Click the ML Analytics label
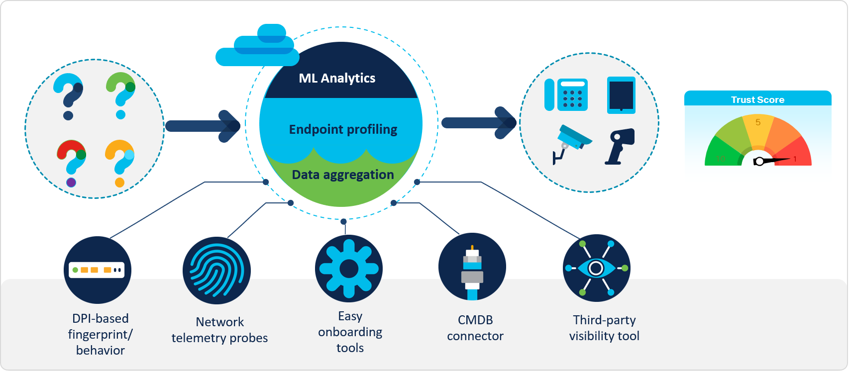(337, 78)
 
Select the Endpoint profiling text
(343, 129)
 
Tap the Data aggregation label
(343, 175)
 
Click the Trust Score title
(757, 99)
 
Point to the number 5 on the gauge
(758, 122)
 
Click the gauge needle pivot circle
(759, 161)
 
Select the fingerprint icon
(216, 270)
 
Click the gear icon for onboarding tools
(349, 269)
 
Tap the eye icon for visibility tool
(596, 268)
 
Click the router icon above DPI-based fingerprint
(97, 270)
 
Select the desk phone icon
(566, 94)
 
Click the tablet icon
(621, 95)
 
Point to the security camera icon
(572, 142)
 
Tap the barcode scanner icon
(620, 146)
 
